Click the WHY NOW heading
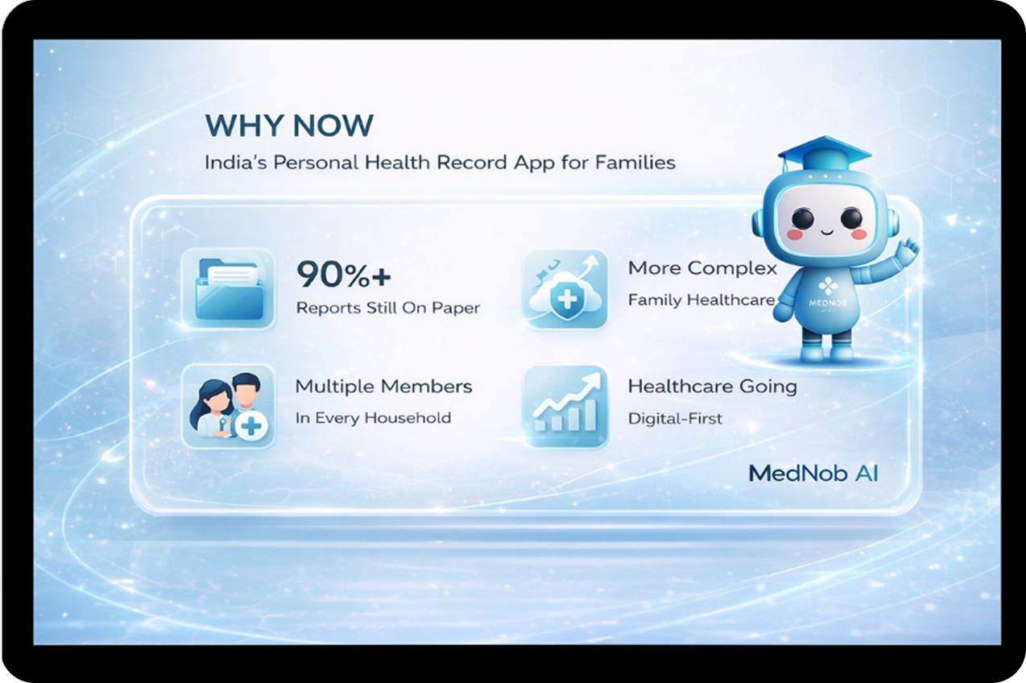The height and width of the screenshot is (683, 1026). pyautogui.click(x=289, y=126)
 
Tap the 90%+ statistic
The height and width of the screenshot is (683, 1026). pyautogui.click(x=344, y=275)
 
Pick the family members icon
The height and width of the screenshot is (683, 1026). pyautogui.click(x=229, y=406)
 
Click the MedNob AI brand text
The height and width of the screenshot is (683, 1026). pyautogui.click(x=813, y=474)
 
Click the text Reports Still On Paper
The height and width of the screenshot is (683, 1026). pyautogui.click(x=388, y=308)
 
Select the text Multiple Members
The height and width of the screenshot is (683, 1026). pyautogui.click(x=384, y=387)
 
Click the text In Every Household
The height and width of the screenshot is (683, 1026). pyautogui.click(x=374, y=418)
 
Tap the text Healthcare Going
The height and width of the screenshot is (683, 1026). pyautogui.click(x=712, y=387)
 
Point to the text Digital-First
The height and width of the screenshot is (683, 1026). pyautogui.click(x=675, y=418)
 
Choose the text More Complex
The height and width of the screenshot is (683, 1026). pyautogui.click(x=702, y=268)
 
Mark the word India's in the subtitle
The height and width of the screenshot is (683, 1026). pyautogui.click(x=235, y=163)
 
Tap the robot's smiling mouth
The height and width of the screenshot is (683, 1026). pyautogui.click(x=827, y=232)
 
